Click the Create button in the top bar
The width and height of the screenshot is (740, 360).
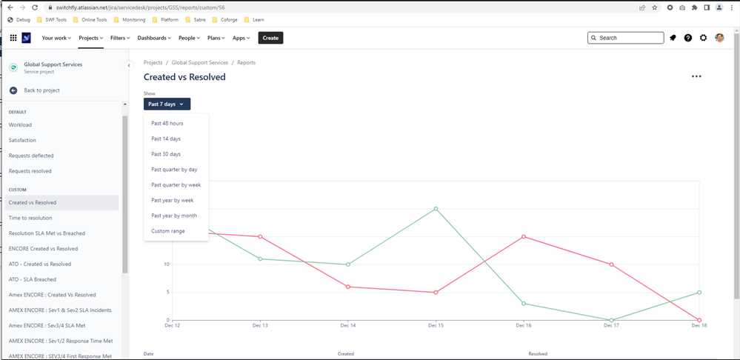tap(270, 38)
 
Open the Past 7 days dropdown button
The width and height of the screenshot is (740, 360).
tap(167, 104)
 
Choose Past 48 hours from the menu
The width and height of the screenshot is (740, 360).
tap(167, 123)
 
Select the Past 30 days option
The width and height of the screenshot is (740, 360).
tap(166, 154)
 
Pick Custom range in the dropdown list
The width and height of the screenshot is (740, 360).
tap(167, 231)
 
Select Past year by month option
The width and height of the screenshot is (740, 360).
tap(173, 216)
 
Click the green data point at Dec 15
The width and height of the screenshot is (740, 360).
tap(436, 209)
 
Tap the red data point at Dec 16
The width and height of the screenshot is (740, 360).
tap(524, 236)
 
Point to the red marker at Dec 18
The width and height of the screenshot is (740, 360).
tap(699, 320)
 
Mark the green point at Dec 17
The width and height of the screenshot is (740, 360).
tap(612, 320)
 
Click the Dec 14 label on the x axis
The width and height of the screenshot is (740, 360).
tap(348, 325)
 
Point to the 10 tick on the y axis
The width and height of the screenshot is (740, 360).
tap(167, 264)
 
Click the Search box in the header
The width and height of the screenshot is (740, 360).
tap(625, 38)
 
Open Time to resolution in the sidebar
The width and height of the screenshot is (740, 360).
tap(30, 218)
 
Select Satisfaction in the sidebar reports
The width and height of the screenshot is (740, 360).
tap(22, 140)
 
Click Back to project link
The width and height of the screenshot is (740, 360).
tap(41, 90)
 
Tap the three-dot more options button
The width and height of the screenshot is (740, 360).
tap(696, 76)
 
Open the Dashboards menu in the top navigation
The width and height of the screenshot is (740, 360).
tap(153, 38)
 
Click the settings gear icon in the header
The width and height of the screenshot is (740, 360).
tap(703, 38)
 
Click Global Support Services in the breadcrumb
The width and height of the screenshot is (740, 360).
tap(200, 63)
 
